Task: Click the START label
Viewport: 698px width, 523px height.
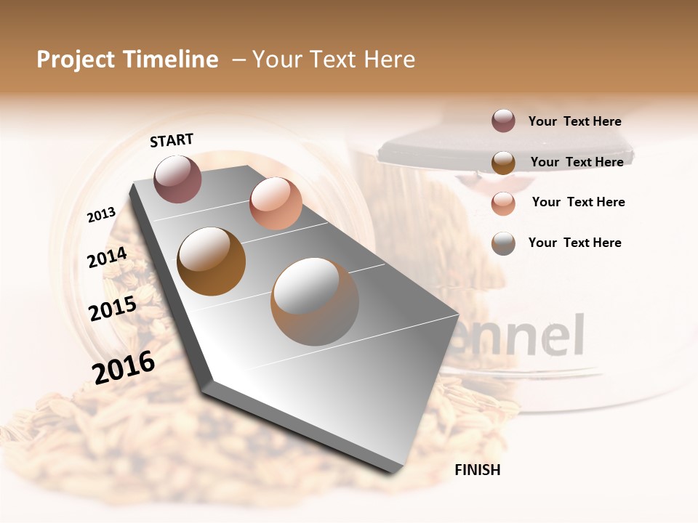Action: (x=172, y=140)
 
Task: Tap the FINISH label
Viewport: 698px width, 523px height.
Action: (x=477, y=470)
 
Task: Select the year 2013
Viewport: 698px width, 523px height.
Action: (x=101, y=215)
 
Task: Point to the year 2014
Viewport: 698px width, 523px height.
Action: (x=107, y=257)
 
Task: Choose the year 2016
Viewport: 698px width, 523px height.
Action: (x=124, y=367)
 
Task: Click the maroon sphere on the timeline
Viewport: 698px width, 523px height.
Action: (x=178, y=179)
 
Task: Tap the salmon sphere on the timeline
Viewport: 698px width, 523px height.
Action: (x=276, y=203)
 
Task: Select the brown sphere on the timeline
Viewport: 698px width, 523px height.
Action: (x=212, y=261)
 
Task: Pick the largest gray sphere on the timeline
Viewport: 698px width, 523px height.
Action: (x=315, y=301)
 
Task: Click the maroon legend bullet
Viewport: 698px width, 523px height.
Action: (x=503, y=121)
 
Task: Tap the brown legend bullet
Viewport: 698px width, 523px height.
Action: (x=503, y=162)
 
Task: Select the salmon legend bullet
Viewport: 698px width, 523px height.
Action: (x=503, y=203)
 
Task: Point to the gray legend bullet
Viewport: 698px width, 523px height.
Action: (x=503, y=243)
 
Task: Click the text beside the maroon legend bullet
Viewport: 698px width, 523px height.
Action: (x=574, y=121)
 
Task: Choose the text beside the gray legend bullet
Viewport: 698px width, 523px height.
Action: (x=574, y=243)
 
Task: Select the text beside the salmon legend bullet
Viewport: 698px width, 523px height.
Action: (x=578, y=202)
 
